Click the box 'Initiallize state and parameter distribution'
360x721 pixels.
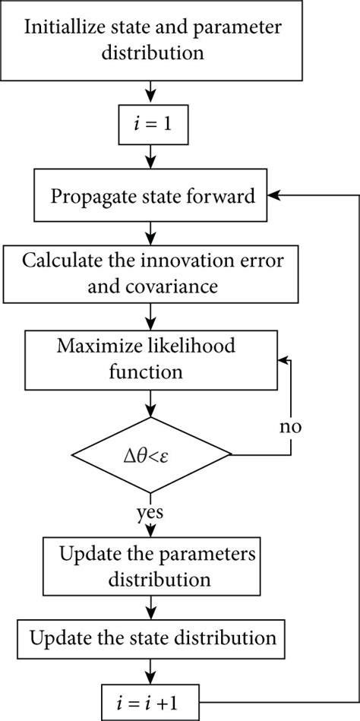(x=154, y=41)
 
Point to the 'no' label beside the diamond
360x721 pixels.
(x=289, y=427)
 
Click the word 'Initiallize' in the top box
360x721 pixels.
(x=67, y=28)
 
